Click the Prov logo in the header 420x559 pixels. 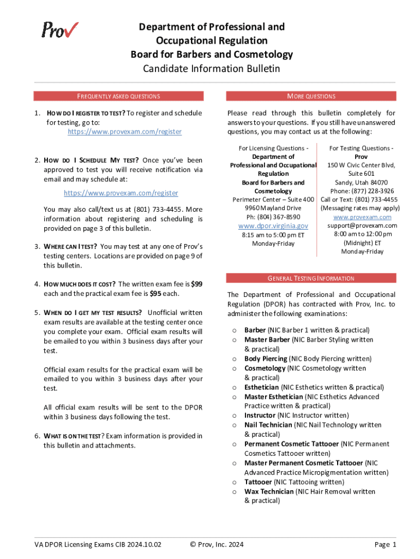60,29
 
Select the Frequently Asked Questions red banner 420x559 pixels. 118,96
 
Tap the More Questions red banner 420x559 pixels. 311,96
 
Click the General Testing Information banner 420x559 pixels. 311,278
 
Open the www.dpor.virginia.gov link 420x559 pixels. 273,225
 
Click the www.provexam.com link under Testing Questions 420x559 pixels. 362,217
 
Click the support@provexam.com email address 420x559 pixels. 362,225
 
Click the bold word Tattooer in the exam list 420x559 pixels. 258,482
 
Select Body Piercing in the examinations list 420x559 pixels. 266,359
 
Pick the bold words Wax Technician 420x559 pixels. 269,491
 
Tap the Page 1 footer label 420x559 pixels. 385,544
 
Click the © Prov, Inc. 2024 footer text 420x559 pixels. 217,544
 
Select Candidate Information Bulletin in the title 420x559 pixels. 211,69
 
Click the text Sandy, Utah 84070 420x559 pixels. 362,182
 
